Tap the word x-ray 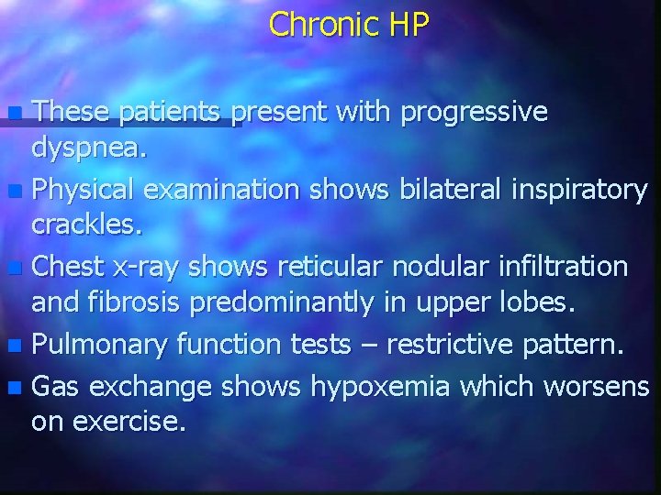coord(149,267)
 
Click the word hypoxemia coord(379,387)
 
